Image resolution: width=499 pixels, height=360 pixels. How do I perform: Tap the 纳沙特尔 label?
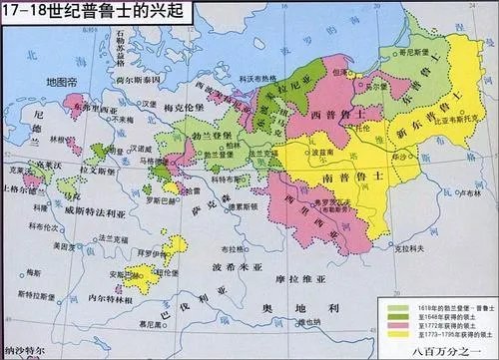coord(25,353)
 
